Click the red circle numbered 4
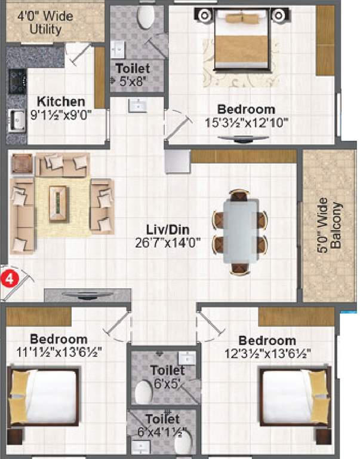(x=8, y=278)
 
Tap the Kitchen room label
(x=60, y=102)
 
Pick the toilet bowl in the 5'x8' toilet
(x=144, y=18)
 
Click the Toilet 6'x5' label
(x=167, y=377)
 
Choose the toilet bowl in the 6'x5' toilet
(x=144, y=391)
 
